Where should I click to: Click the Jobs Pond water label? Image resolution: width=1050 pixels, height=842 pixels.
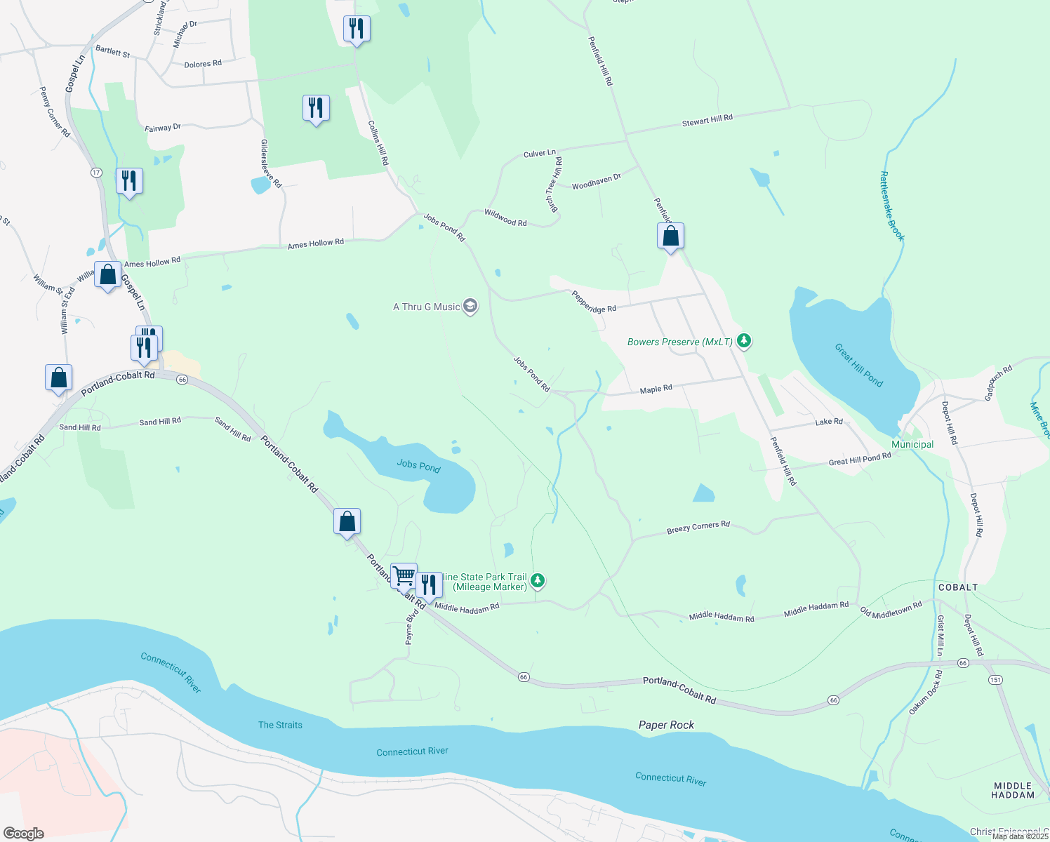click(418, 465)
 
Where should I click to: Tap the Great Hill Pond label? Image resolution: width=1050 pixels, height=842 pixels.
click(858, 365)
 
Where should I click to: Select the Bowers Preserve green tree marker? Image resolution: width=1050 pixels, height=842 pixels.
click(744, 341)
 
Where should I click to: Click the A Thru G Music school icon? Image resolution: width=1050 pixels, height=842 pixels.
click(470, 307)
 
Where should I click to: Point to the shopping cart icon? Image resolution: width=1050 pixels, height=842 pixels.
click(404, 576)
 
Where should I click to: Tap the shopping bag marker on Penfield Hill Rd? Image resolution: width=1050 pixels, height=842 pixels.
click(670, 236)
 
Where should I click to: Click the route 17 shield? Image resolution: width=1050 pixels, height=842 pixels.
click(96, 173)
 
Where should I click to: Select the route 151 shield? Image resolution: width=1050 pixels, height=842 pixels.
click(995, 679)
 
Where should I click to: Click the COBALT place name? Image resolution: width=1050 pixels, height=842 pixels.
click(958, 587)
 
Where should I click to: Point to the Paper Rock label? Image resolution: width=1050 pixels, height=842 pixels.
click(666, 725)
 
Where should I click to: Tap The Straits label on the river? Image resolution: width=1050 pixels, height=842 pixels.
click(280, 725)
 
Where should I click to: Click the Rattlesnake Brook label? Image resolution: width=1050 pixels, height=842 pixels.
click(892, 206)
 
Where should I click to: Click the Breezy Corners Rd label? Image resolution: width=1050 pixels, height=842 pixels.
click(698, 527)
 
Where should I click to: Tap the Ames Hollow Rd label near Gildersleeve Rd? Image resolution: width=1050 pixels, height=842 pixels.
click(315, 243)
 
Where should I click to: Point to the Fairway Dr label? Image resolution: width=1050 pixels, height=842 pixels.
click(162, 128)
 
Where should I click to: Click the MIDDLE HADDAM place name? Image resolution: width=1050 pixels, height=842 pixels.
click(1013, 790)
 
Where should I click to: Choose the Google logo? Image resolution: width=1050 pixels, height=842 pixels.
click(23, 833)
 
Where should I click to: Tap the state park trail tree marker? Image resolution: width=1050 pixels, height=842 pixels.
click(538, 580)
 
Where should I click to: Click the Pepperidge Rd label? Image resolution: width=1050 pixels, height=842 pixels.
click(593, 301)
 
